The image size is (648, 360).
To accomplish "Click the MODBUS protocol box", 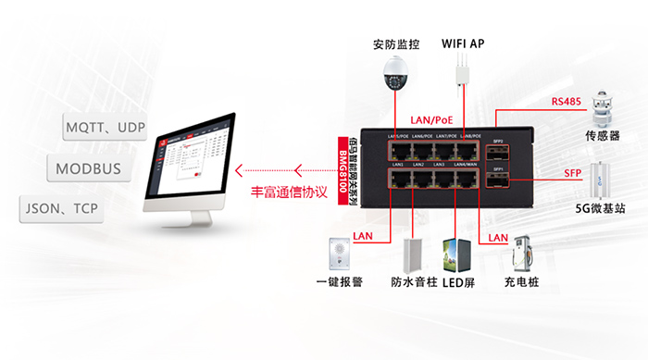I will click(x=89, y=169).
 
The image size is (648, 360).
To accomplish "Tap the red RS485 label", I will click(x=566, y=102).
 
